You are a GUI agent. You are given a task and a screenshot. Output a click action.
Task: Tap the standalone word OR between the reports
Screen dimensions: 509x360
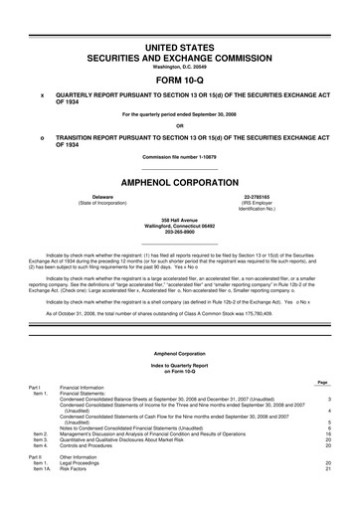[180, 125]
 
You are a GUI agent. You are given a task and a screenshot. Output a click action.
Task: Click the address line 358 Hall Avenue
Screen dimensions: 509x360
[180, 218]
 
